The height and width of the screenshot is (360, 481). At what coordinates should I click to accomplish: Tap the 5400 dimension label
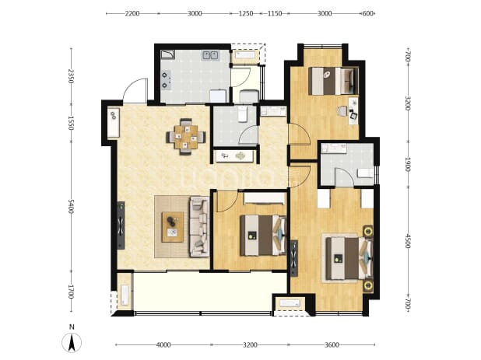[x=71, y=207]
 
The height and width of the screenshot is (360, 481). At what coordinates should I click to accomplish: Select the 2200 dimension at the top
[x=132, y=13]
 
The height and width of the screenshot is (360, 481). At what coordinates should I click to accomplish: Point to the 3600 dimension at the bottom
[x=332, y=345]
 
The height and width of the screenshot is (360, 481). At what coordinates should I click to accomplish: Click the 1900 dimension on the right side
[x=407, y=164]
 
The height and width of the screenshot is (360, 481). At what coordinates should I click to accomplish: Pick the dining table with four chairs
[x=186, y=137]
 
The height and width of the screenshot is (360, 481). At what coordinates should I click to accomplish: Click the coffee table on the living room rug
[x=173, y=227]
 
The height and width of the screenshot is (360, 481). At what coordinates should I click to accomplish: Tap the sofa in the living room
[x=199, y=226]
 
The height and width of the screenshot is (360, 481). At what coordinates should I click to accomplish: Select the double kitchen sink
[x=210, y=55]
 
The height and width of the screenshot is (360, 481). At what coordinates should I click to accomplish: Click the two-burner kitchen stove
[x=166, y=80]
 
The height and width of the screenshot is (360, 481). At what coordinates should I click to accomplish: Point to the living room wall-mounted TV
[x=121, y=225]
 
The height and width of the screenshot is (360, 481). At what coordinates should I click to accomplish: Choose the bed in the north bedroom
[x=333, y=81]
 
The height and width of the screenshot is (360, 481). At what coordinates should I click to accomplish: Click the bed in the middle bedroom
[x=263, y=236]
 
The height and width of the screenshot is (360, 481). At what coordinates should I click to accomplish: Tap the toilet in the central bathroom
[x=242, y=114]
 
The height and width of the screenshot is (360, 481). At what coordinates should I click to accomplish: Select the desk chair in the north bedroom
[x=342, y=111]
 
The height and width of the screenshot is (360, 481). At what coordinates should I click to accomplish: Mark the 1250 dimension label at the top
[x=246, y=13]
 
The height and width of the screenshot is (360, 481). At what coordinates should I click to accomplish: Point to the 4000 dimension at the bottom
[x=163, y=345]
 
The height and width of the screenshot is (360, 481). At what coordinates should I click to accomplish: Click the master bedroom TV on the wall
[x=294, y=258]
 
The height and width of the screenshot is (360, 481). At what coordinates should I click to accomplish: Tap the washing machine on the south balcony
[x=125, y=295]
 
